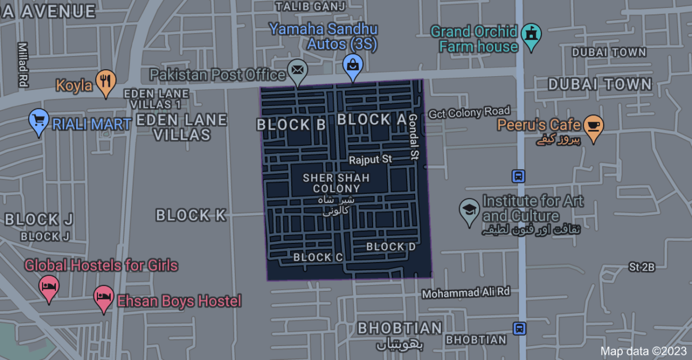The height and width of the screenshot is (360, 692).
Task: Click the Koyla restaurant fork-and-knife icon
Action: coord(104,82)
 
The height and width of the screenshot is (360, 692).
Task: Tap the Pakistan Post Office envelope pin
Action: coord(297,70)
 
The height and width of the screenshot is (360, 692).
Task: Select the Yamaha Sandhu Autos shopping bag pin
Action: coord(352,65)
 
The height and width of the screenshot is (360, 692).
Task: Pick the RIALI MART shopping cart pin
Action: coord(39,121)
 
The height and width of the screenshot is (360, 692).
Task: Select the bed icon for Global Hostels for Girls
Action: coord(49,286)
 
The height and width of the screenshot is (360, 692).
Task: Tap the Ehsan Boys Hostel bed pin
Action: coord(104,297)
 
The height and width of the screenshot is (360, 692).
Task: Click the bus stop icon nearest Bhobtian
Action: coord(520,328)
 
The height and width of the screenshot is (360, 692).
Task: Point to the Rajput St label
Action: coord(370,159)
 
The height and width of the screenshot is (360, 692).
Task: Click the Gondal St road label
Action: coord(413,136)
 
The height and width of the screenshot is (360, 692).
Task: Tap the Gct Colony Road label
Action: coord(469,112)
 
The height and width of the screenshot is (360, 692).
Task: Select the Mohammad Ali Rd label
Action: coord(466,292)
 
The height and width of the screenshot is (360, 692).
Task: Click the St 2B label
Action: coord(642,267)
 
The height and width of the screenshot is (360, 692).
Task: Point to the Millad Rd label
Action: coord(22,64)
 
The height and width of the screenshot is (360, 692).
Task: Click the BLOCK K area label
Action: coord(191,215)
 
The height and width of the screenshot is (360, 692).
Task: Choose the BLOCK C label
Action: coord(318,257)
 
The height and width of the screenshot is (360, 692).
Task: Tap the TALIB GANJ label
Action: coord(310,6)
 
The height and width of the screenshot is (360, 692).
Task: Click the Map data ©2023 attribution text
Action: coord(644,351)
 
